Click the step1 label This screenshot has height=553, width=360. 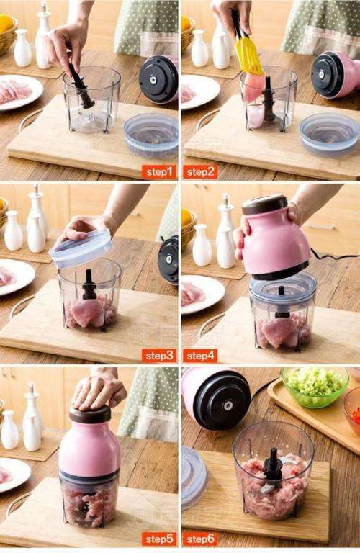click(159, 171)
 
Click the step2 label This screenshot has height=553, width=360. click(200, 171)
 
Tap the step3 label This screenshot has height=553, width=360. click(159, 355)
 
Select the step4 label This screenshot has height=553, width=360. click(200, 355)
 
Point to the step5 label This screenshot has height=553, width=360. click(159, 539)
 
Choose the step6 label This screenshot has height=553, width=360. click(200, 539)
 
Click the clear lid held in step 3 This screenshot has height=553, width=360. click(81, 248)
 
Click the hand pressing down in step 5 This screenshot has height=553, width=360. click(98, 390)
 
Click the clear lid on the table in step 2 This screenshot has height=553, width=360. click(329, 134)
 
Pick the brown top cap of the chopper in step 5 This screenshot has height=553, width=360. click(90, 415)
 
